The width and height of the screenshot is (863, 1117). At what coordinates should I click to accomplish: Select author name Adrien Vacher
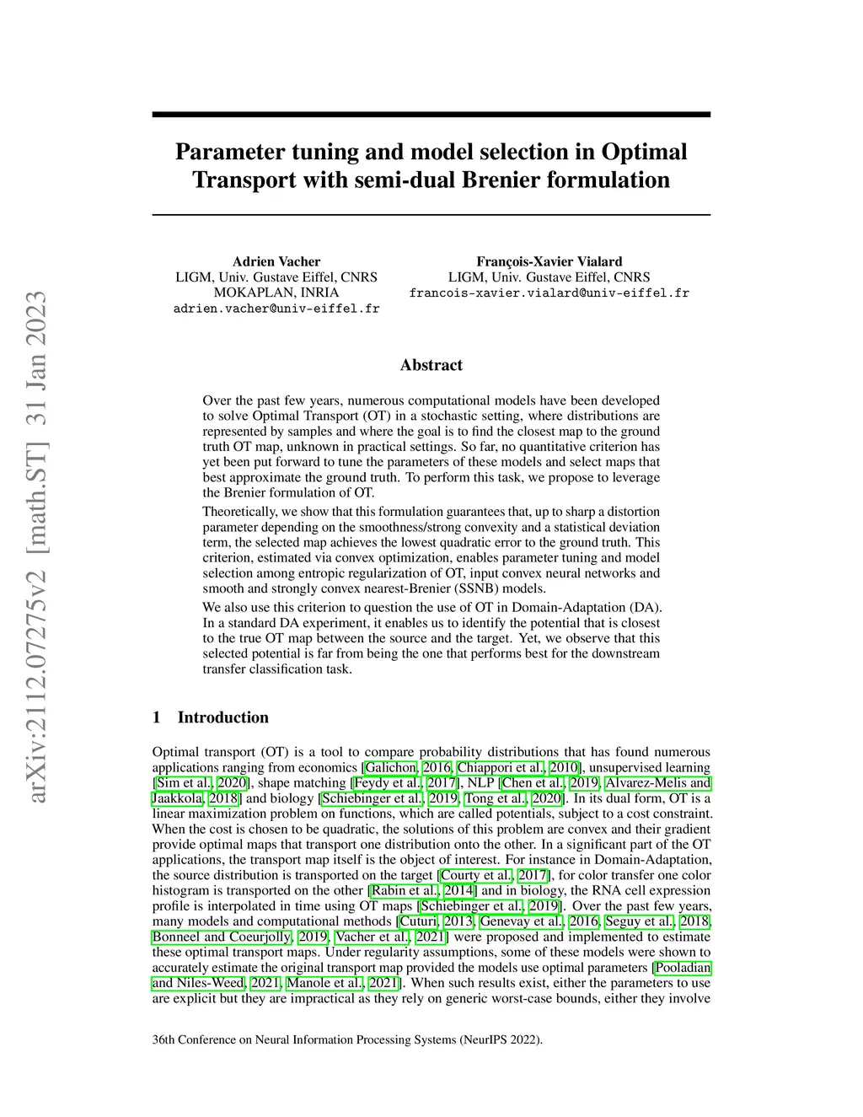point(276,261)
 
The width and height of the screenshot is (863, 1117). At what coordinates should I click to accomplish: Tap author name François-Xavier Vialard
point(549,261)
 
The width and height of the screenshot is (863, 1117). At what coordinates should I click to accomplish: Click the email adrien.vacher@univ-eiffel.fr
point(276,309)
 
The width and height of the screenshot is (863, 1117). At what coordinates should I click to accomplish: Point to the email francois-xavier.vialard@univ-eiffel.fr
point(549,293)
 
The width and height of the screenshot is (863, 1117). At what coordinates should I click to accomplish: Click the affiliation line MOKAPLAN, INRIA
point(276,293)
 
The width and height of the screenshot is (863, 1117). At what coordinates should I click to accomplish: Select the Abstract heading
point(431,365)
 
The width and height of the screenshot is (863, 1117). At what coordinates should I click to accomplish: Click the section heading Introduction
point(222,717)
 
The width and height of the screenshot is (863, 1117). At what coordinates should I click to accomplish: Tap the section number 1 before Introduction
point(156,717)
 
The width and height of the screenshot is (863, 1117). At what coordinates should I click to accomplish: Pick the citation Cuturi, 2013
point(436,921)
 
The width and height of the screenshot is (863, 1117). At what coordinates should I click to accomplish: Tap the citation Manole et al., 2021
point(343,983)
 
